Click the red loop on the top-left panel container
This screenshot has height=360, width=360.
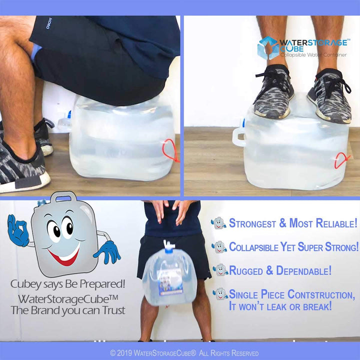tap(170, 150)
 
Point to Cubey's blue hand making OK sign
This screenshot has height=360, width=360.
tap(18, 230)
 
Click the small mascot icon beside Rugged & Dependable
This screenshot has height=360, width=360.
tap(220, 270)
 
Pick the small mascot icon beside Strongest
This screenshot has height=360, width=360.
tap(219, 223)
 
